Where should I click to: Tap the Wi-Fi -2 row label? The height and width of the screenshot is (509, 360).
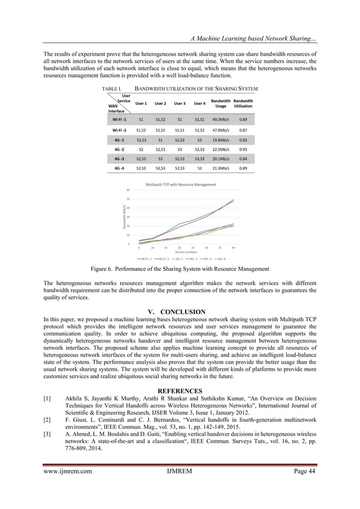[x=120, y=129]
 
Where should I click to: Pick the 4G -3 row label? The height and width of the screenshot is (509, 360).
[x=120, y=159]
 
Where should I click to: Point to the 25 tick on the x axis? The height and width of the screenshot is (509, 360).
[x=193, y=247]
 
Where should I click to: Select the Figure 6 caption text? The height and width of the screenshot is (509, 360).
[x=179, y=270]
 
